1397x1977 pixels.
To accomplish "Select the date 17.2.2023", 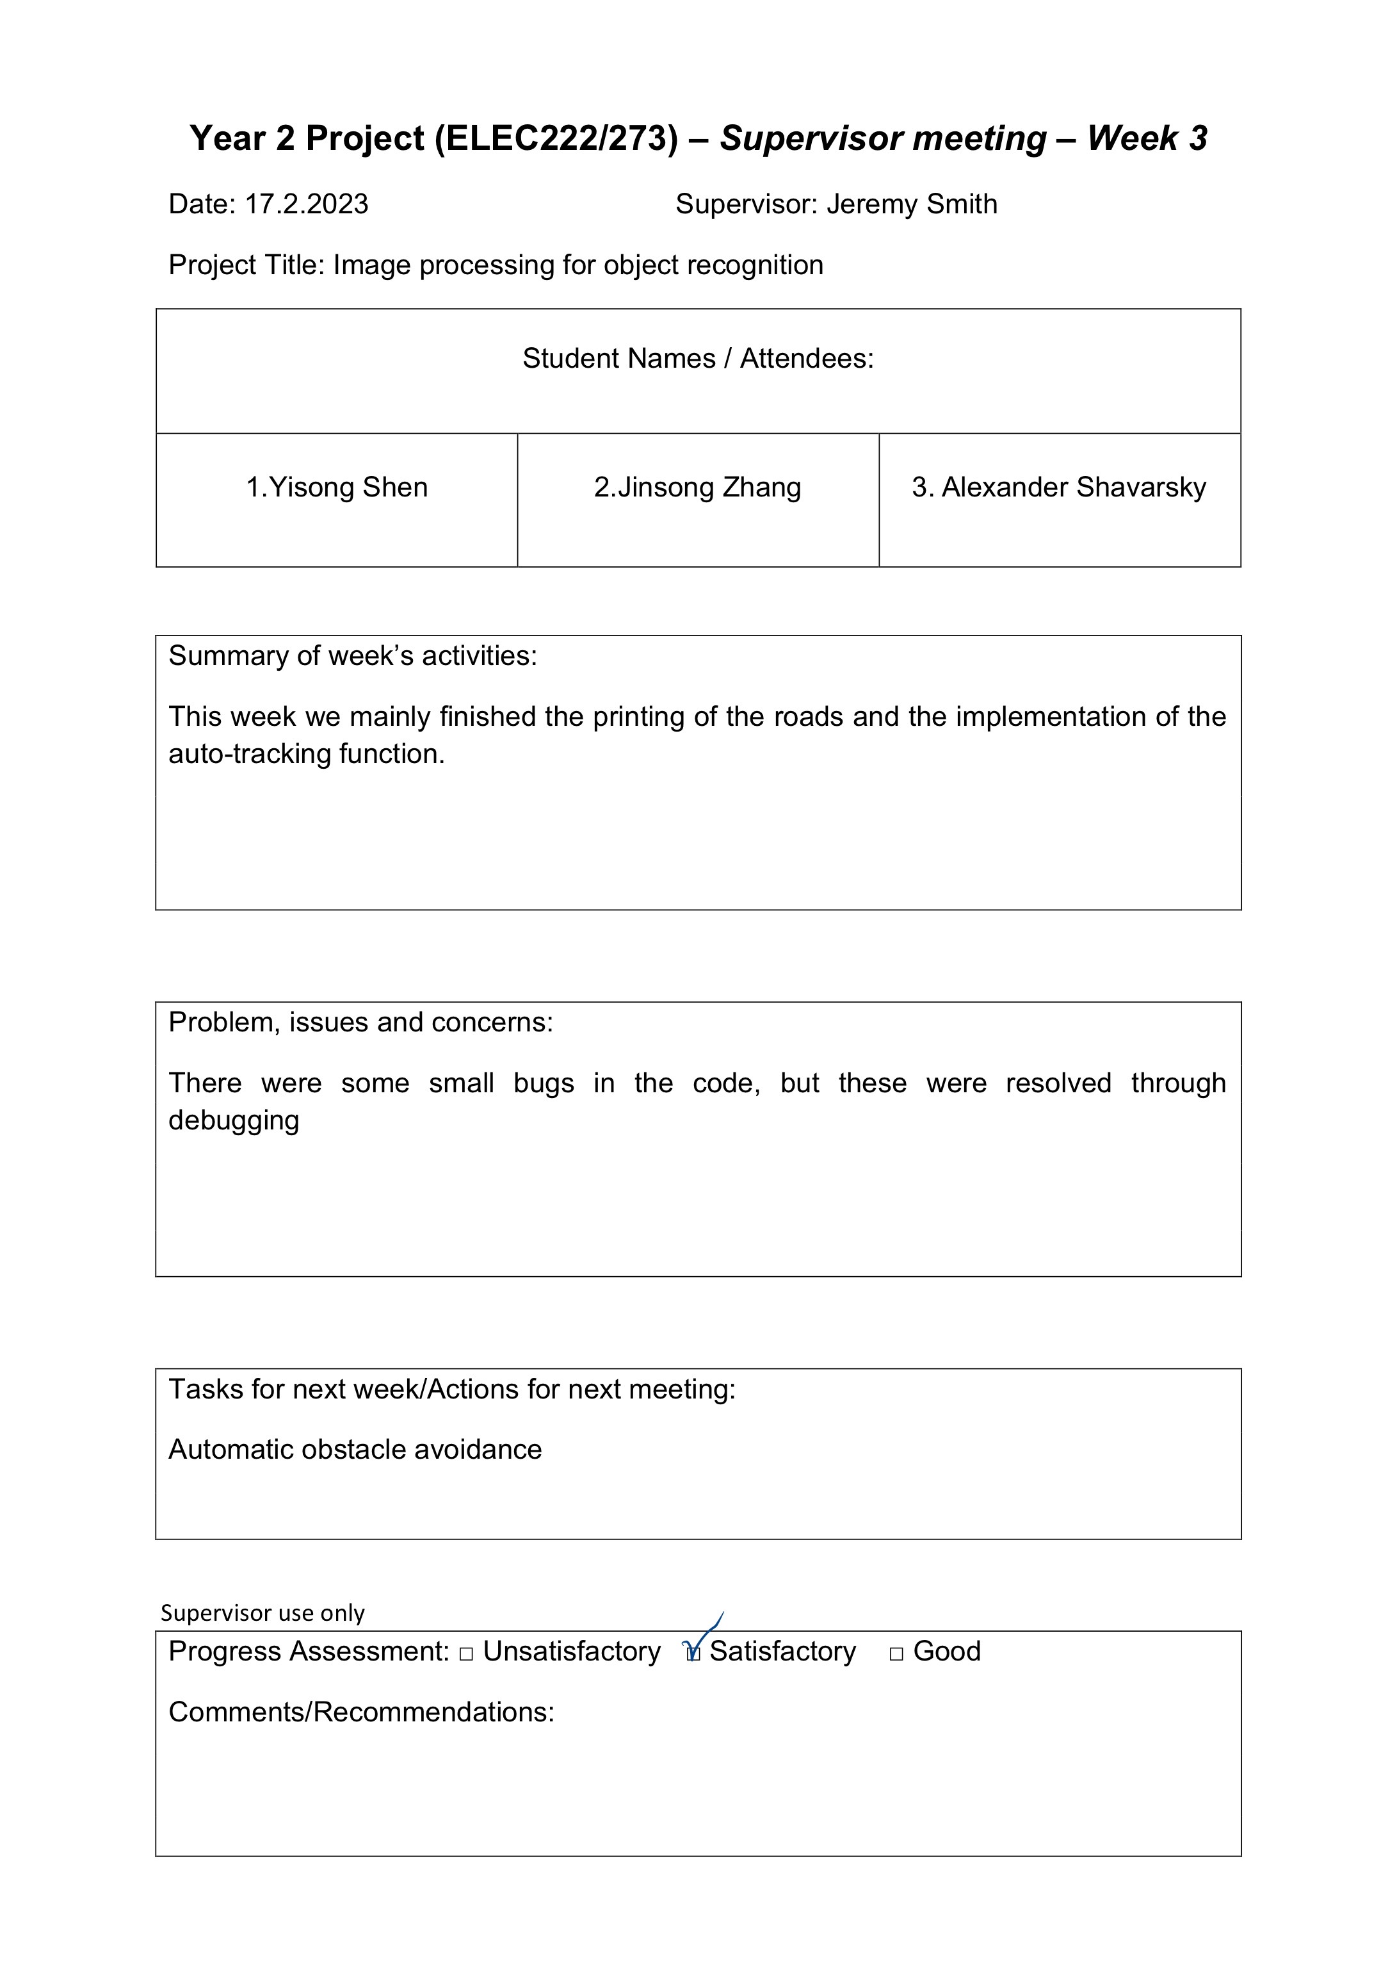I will (x=307, y=204).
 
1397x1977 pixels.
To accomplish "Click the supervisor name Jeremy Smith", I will (x=912, y=204).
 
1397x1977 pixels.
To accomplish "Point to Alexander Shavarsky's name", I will (x=1059, y=488).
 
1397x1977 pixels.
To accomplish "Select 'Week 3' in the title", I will (x=1147, y=138).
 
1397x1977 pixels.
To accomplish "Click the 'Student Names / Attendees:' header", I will (x=698, y=358).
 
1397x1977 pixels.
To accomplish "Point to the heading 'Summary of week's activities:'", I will (x=353, y=656).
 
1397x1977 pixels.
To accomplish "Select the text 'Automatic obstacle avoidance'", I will (x=355, y=1449).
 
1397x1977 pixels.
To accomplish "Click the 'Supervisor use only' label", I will (x=262, y=1612).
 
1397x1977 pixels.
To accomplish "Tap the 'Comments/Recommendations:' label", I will (x=362, y=1712).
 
